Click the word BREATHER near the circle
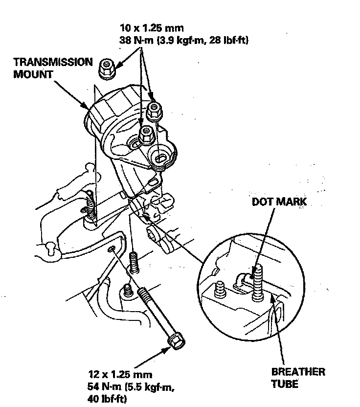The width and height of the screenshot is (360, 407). tap(298, 372)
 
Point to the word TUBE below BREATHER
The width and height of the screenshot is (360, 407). tap(284, 384)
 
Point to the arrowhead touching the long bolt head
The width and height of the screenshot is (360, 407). tap(166, 349)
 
